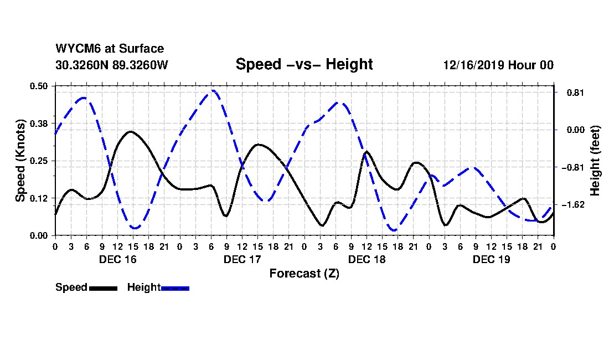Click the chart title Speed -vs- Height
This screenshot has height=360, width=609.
(x=304, y=64)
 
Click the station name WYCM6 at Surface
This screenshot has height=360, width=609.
(x=110, y=49)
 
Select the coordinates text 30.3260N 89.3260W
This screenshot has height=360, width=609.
(x=111, y=65)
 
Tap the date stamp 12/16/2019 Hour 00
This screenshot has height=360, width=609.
(x=498, y=65)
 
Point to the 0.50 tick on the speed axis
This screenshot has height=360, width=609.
(x=39, y=86)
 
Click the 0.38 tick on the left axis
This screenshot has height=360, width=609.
(x=39, y=123)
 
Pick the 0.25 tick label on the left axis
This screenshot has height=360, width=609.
(x=39, y=161)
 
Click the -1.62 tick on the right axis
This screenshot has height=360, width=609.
(x=572, y=205)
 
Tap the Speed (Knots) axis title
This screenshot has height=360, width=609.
(x=20, y=161)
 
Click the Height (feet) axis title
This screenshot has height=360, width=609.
(x=596, y=161)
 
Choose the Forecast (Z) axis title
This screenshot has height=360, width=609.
(x=304, y=274)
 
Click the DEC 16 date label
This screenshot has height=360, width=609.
(x=117, y=259)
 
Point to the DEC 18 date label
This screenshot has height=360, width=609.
(x=367, y=259)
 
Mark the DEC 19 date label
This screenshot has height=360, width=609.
(x=491, y=259)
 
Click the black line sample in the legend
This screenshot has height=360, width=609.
(x=103, y=288)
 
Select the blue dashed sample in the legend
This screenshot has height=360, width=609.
(x=176, y=288)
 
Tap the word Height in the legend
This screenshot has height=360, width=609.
(x=143, y=287)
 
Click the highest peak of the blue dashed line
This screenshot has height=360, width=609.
(x=213, y=90)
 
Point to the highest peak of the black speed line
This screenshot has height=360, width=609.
(x=130, y=131)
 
